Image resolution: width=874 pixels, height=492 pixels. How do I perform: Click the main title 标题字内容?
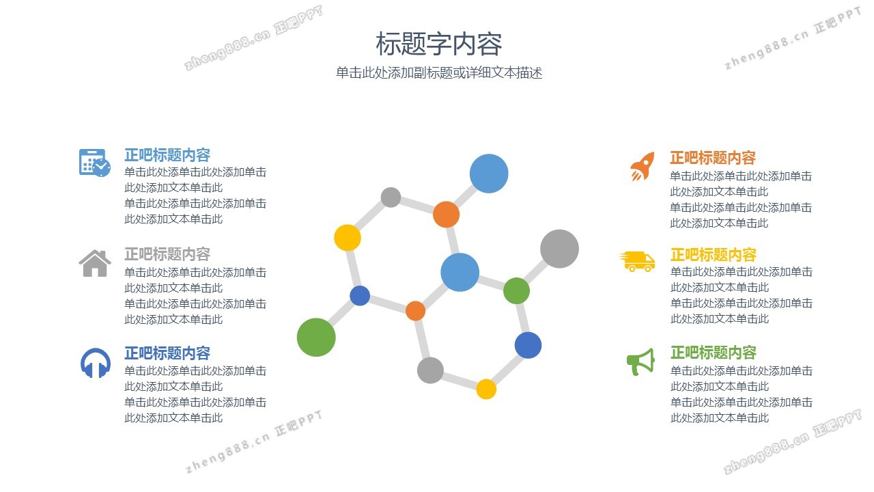[438, 43]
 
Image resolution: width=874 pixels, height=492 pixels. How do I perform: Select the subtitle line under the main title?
[439, 73]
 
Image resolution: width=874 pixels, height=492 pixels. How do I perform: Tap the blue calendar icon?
[95, 163]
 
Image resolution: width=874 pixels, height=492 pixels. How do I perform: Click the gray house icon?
[95, 263]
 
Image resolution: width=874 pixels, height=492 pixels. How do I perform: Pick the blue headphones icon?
[95, 363]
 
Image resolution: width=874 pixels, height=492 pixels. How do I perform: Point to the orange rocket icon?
[643, 166]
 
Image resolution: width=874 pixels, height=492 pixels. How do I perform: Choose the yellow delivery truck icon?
[637, 261]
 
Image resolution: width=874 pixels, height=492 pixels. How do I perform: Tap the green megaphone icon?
[640, 361]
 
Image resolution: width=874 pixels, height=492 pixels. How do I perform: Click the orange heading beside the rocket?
[713, 158]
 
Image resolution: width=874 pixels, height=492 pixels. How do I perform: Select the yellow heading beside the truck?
[714, 255]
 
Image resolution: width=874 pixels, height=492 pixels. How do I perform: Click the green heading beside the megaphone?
[714, 352]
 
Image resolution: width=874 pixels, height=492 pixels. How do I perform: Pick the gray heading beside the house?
[167, 254]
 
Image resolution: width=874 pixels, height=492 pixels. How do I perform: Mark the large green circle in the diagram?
[316, 338]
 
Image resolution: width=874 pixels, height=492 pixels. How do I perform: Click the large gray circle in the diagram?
[559, 249]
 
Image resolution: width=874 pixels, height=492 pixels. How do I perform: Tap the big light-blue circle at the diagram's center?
[460, 272]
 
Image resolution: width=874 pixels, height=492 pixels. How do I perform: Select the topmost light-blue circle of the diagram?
[489, 174]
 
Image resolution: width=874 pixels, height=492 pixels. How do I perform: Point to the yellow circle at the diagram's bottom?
[486, 389]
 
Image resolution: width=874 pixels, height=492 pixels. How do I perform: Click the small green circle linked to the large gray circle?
[516, 291]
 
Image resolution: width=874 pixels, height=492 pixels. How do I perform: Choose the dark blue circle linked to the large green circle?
[360, 296]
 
